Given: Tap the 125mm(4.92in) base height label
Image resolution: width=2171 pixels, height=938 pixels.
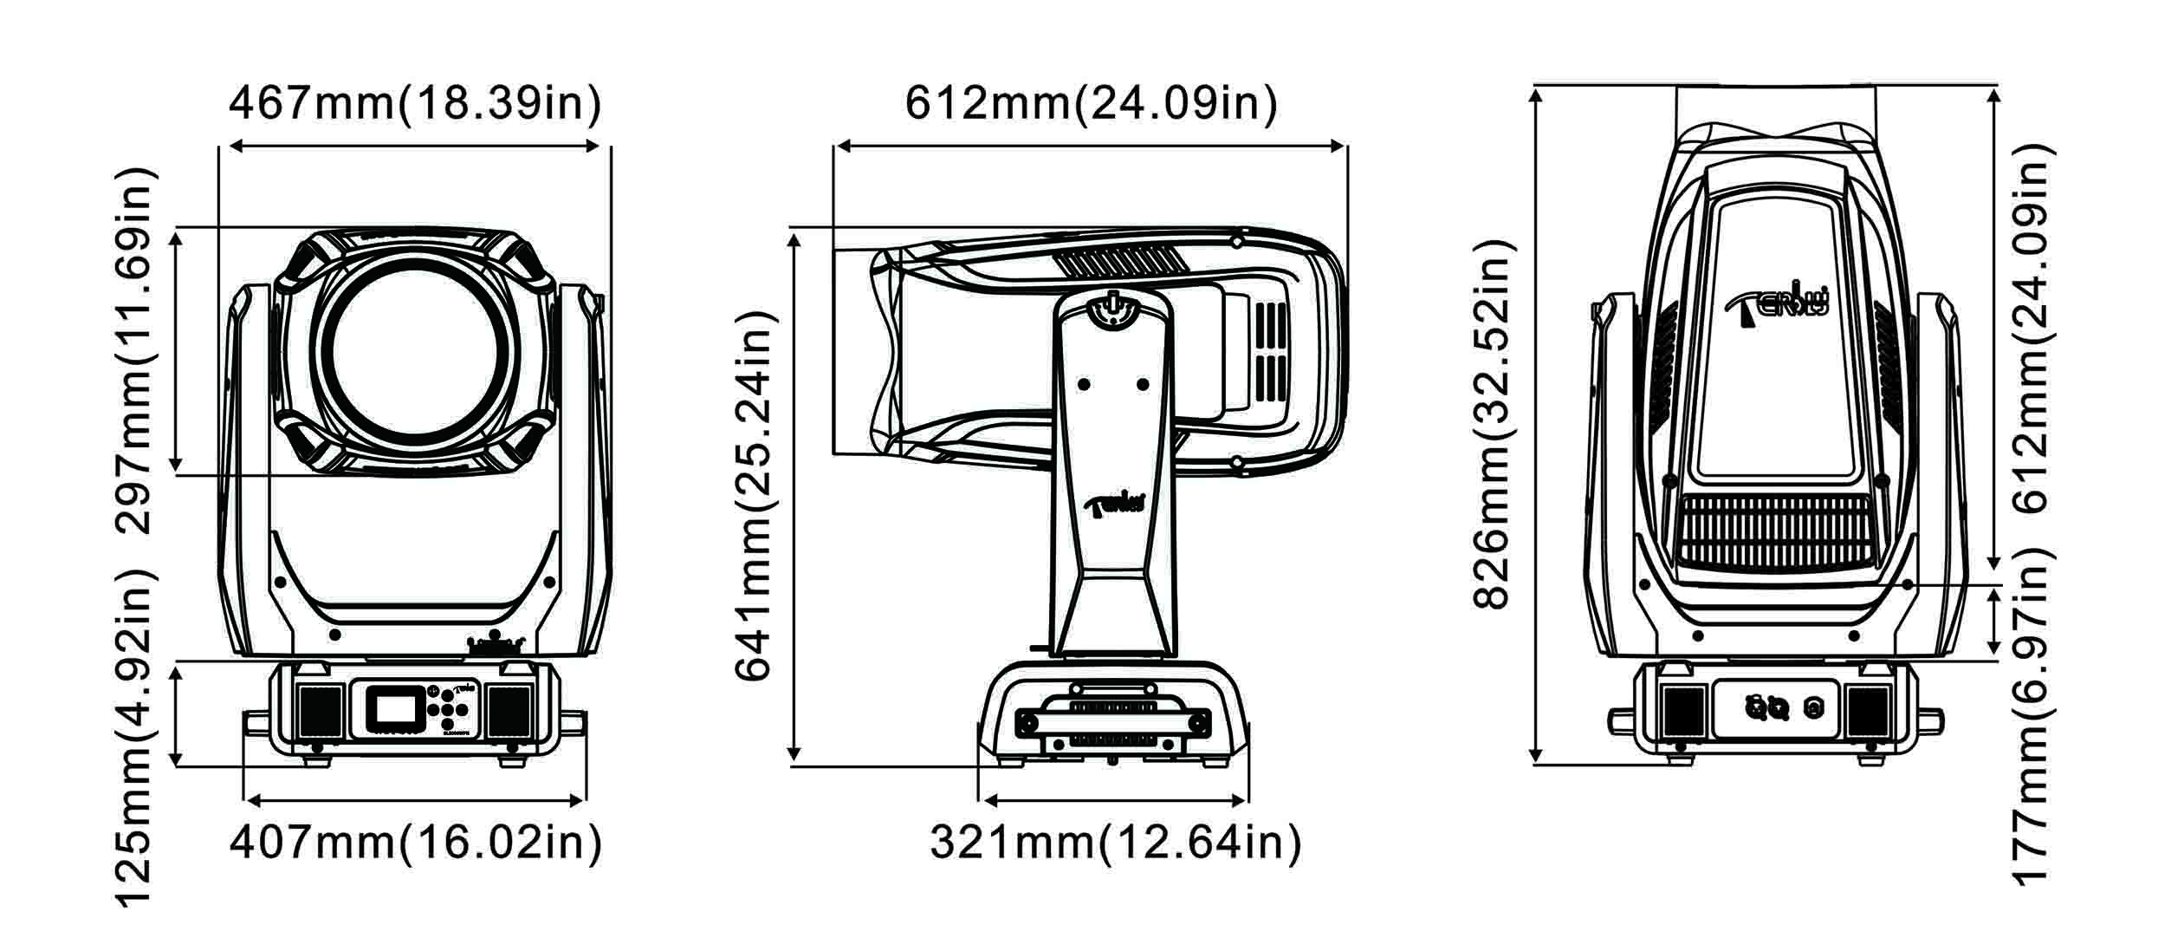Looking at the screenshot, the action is (137, 738).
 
